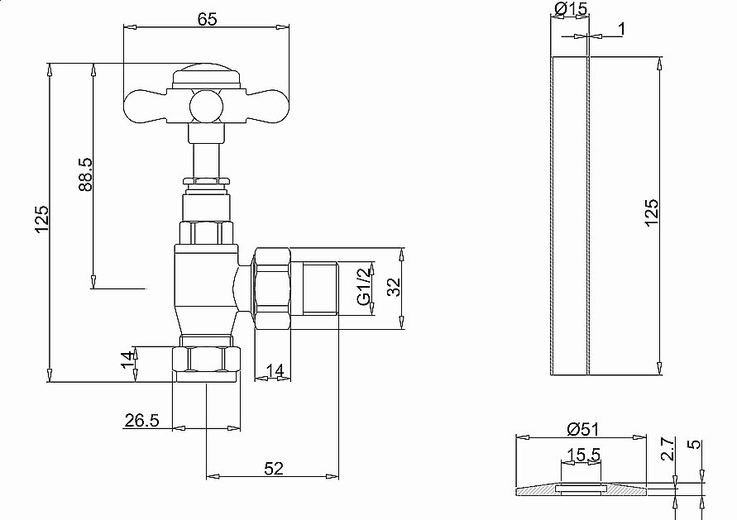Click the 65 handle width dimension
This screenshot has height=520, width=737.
point(207,18)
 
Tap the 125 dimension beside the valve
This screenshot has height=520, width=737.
point(42,222)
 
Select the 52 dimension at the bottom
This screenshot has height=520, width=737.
point(274,468)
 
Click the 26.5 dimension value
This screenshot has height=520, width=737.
point(141,421)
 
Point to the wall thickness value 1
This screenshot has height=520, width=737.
point(621,29)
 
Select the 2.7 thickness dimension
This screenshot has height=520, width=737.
point(668,451)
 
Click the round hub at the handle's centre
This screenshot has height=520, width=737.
point(207,107)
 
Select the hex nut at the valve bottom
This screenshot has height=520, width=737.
point(207,360)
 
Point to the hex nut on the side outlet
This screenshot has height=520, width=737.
point(273,288)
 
